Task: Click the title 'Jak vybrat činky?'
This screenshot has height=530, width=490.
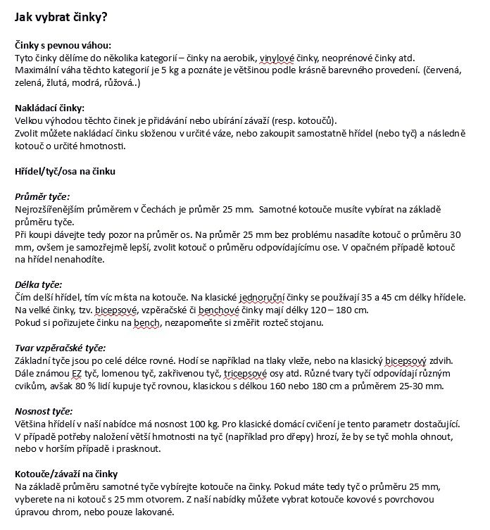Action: point(61,15)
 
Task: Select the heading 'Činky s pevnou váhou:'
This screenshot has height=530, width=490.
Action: point(63,44)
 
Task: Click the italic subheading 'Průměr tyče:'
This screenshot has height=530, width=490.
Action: point(42,197)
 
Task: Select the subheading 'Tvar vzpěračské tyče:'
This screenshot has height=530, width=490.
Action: point(60,348)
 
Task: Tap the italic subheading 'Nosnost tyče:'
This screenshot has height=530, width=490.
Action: point(44,411)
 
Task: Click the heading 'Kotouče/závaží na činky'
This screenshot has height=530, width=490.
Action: point(66,474)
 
